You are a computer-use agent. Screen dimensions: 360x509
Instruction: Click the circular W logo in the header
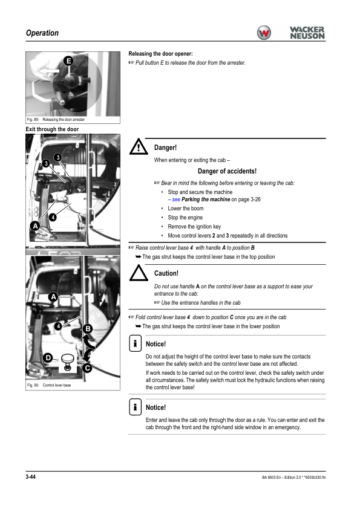[x=264, y=33]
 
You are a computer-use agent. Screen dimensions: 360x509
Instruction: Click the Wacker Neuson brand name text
[x=307, y=33]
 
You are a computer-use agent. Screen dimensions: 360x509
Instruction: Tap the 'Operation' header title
[x=42, y=33]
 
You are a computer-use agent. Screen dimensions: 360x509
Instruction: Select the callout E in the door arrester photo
[x=68, y=60]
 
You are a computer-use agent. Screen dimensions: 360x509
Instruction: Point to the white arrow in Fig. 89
[x=48, y=71]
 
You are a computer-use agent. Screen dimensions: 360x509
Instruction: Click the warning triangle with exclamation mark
[x=139, y=147]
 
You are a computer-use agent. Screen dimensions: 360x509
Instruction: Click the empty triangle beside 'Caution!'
[x=139, y=273]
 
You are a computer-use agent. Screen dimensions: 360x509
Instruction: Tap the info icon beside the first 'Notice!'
[x=135, y=343]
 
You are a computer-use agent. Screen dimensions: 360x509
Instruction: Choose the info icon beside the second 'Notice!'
[x=135, y=407]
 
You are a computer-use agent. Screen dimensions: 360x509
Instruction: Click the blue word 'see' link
[x=176, y=199]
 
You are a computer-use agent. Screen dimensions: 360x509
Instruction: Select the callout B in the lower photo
[x=88, y=329]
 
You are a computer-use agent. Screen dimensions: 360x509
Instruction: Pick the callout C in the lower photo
[x=87, y=368]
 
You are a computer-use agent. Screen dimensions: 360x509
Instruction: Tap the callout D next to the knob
[x=48, y=358]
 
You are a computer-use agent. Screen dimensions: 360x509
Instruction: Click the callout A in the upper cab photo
[x=35, y=226]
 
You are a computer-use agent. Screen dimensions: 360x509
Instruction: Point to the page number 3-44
[x=30, y=476]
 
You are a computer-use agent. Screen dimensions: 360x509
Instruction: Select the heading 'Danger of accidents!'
[x=227, y=171]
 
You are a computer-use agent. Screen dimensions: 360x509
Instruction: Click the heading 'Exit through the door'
[x=52, y=129]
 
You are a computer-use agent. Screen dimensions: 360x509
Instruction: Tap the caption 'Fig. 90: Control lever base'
[x=49, y=385]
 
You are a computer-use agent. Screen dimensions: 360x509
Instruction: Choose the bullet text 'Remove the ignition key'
[x=194, y=227]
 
